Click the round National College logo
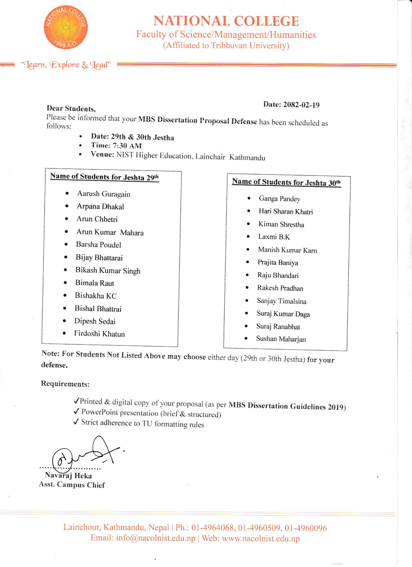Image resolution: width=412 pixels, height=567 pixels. (x=66, y=27)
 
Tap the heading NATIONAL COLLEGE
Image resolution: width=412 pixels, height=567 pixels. (x=226, y=21)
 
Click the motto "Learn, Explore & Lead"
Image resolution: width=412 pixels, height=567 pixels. (x=66, y=65)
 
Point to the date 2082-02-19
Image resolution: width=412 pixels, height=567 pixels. (x=301, y=105)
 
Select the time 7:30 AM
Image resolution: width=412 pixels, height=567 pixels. (x=127, y=146)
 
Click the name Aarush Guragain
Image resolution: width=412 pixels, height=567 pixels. (x=103, y=194)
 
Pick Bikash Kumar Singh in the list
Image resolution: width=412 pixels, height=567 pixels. (x=108, y=271)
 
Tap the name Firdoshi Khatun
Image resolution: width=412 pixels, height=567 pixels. (x=99, y=334)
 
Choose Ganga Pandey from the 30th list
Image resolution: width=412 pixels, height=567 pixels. (x=280, y=199)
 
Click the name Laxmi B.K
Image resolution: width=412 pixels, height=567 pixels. (x=274, y=237)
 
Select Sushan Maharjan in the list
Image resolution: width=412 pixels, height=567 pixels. (x=281, y=339)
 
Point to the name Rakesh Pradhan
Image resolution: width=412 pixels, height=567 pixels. (x=280, y=288)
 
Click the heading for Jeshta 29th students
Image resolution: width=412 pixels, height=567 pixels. (x=104, y=177)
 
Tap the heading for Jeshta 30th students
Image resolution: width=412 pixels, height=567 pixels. (x=286, y=182)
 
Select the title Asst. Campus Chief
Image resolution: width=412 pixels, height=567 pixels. (x=72, y=484)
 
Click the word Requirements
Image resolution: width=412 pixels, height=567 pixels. (x=65, y=384)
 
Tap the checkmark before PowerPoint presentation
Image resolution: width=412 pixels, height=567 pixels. (x=76, y=411)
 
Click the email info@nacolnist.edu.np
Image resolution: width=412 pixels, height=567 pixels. (x=156, y=538)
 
